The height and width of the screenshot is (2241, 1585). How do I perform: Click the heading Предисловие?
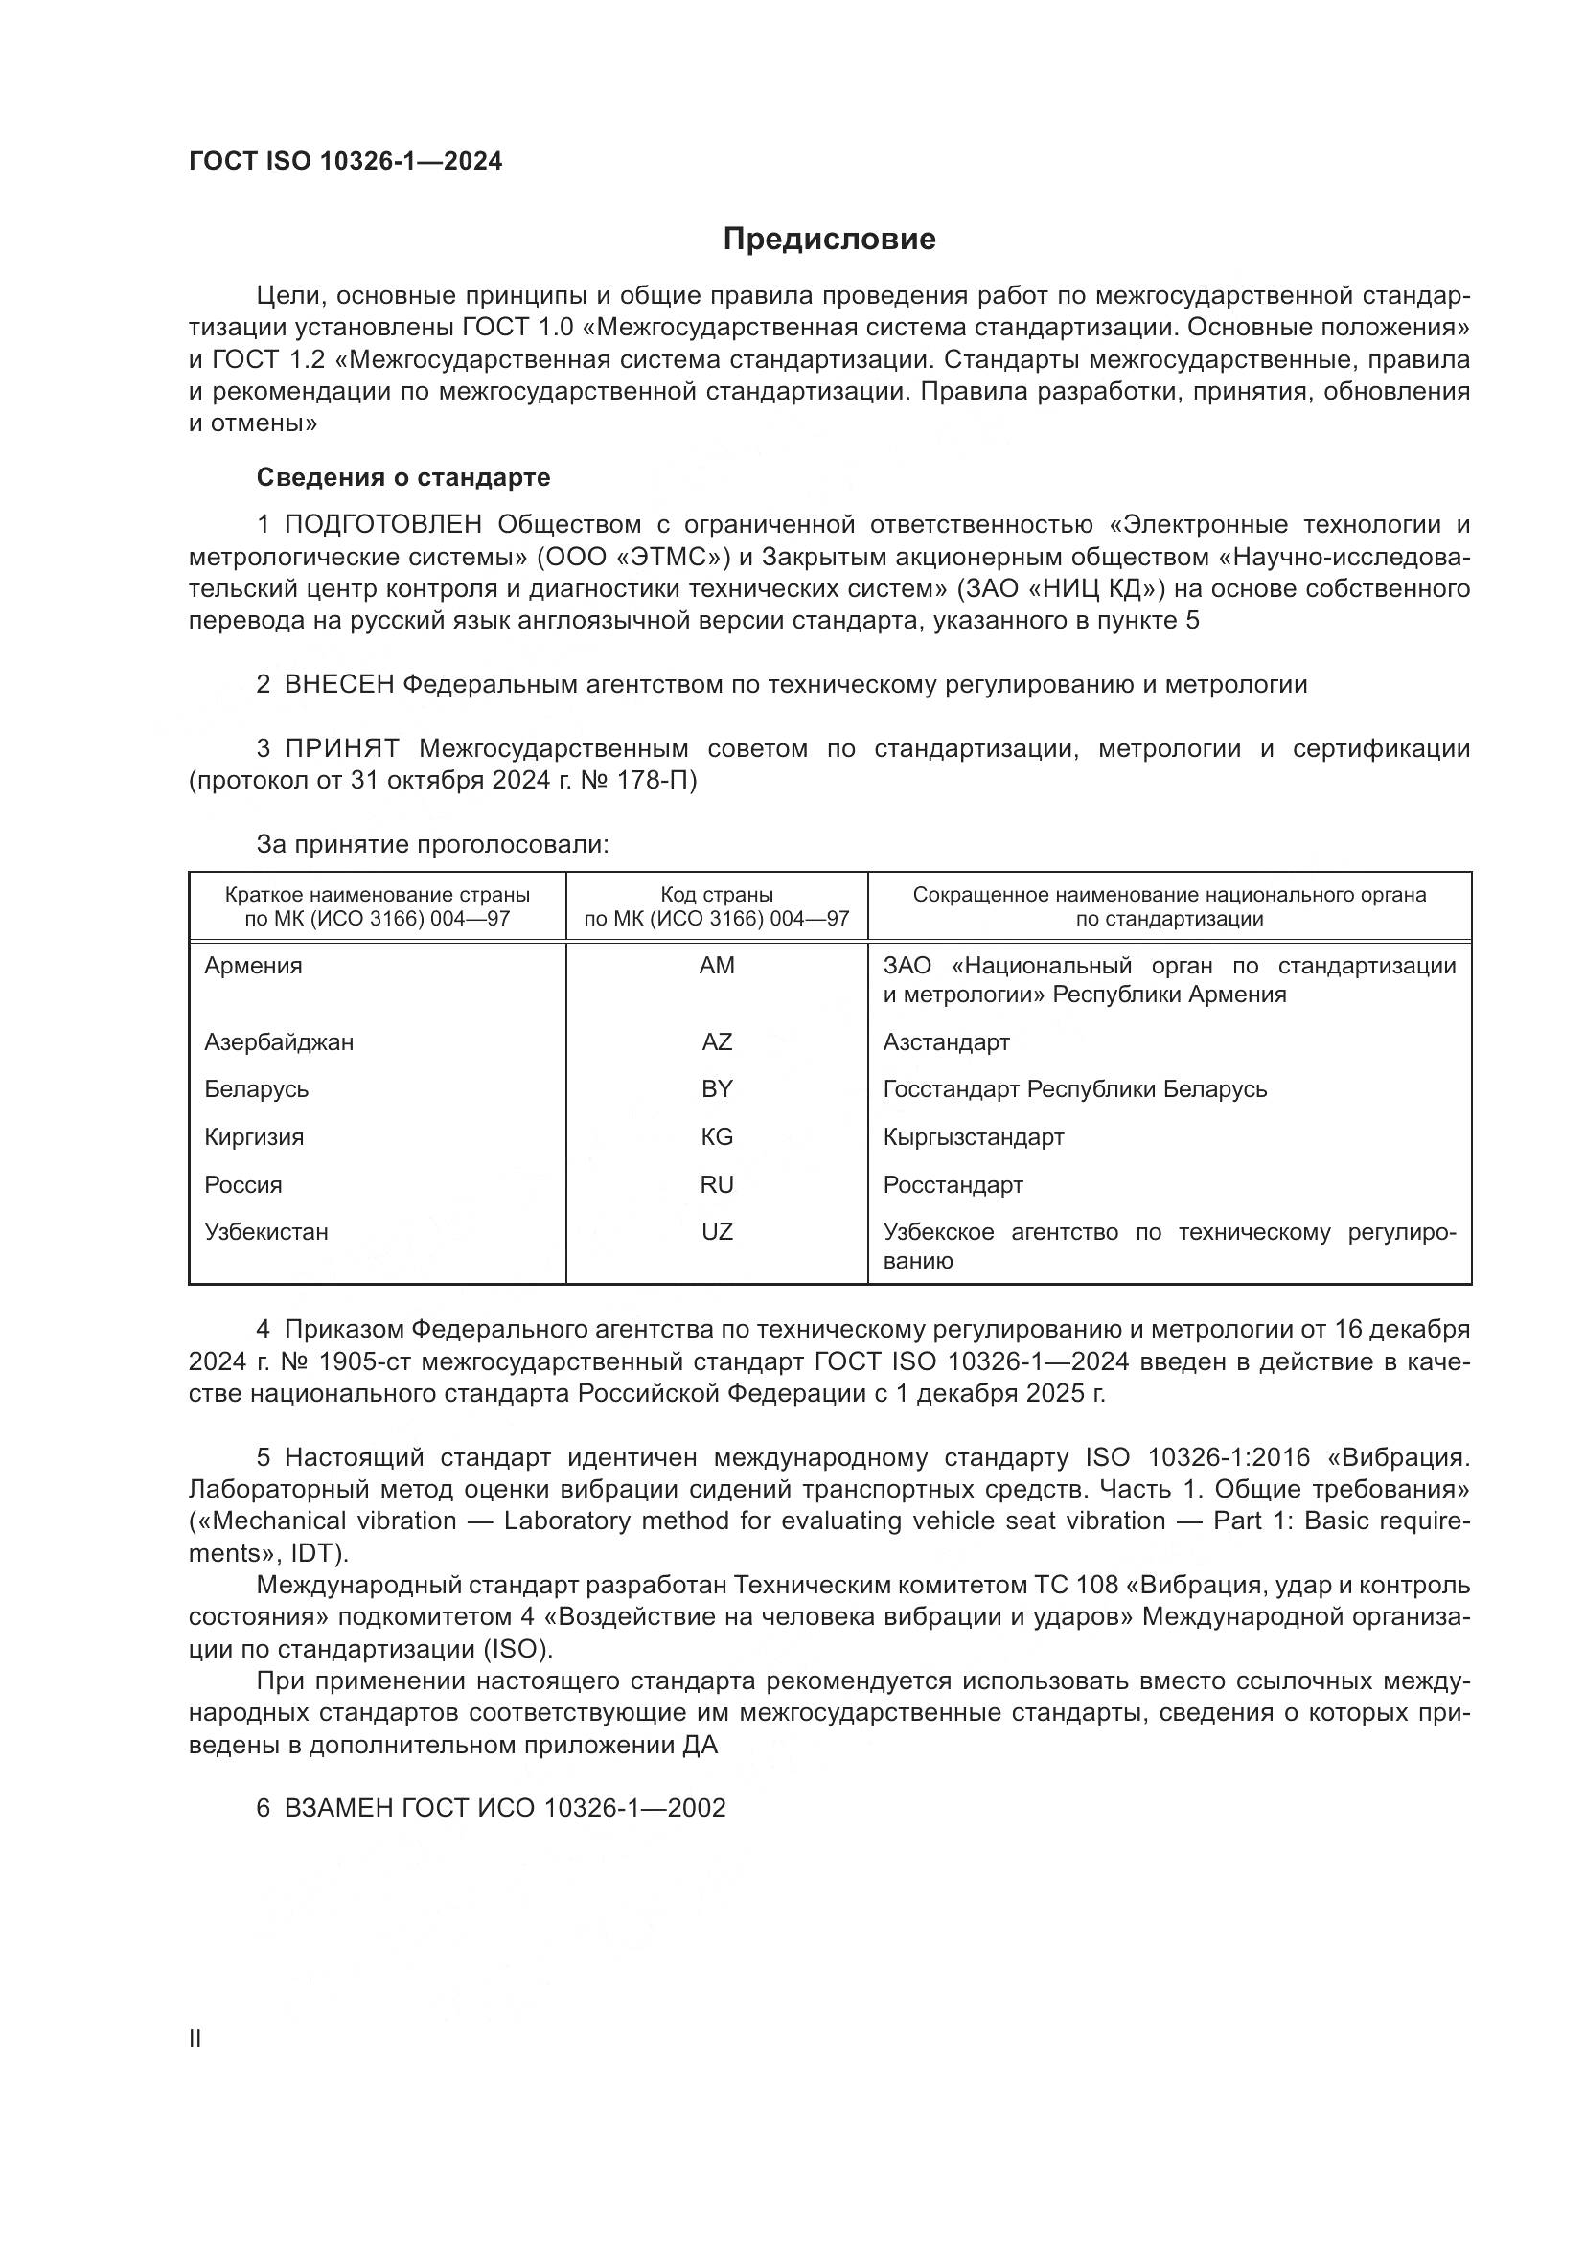(830, 240)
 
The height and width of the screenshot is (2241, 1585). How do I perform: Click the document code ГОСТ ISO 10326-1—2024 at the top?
(346, 161)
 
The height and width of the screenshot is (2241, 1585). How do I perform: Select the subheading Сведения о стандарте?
(403, 477)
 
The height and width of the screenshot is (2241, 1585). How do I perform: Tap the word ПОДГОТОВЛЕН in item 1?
(382, 525)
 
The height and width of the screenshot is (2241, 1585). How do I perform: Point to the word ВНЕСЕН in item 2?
(338, 685)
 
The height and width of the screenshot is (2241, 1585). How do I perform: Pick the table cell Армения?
(254, 966)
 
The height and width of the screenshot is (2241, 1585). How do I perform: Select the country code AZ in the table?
(717, 1042)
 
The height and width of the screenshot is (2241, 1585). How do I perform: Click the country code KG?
(717, 1137)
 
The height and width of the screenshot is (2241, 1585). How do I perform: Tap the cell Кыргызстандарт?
(973, 1137)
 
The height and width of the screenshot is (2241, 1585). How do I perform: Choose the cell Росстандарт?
(953, 1185)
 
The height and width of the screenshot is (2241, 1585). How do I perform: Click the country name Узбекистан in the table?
(266, 1232)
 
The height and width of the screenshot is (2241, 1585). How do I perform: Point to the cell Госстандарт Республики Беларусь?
(1074, 1089)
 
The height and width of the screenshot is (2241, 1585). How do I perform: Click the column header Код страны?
(717, 895)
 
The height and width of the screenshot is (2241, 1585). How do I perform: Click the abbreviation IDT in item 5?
(311, 1553)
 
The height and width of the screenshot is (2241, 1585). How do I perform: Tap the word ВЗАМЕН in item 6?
(338, 1809)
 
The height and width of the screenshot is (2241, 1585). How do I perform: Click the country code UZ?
(717, 1232)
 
